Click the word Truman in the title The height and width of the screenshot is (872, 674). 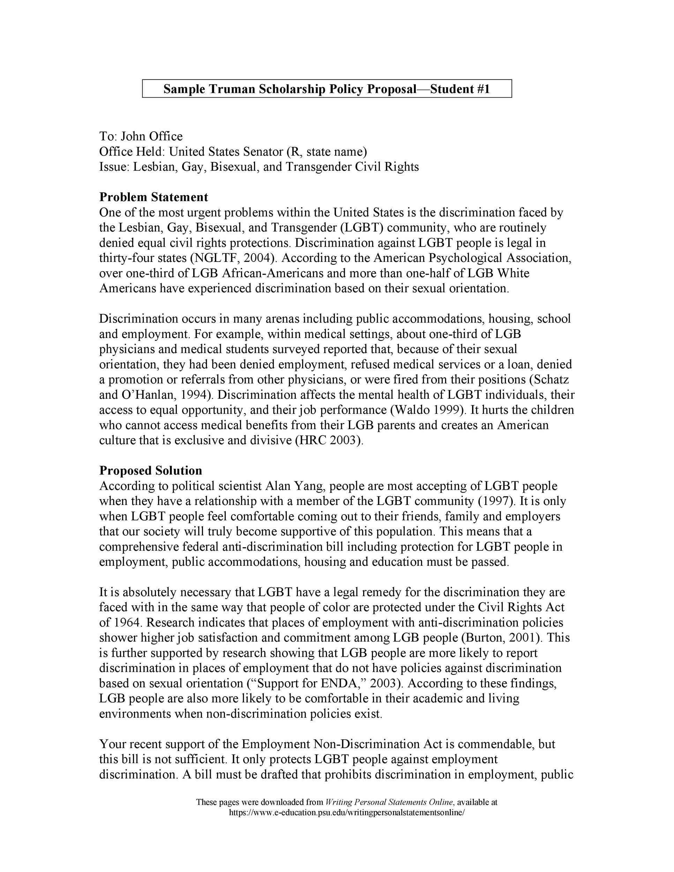click(232, 89)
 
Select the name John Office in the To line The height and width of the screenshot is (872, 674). click(152, 136)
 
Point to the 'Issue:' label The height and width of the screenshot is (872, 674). click(114, 167)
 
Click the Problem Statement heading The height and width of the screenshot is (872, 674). click(154, 197)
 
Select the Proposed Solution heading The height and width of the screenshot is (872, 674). click(150, 471)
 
